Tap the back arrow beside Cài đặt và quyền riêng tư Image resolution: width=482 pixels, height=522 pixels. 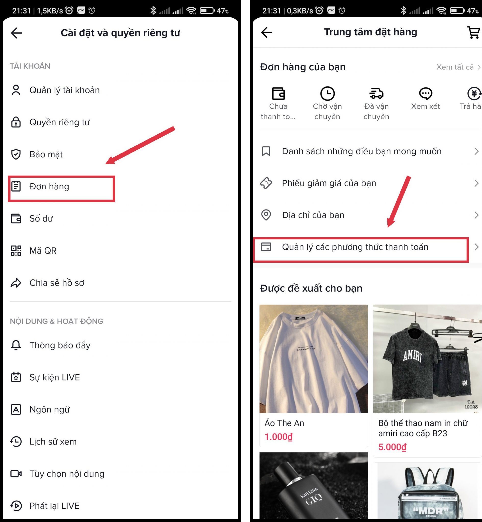[x=16, y=33]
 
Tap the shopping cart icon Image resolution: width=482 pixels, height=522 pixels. [x=473, y=32]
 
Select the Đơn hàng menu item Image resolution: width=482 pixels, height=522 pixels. [x=49, y=187]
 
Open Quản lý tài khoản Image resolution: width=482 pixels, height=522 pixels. [x=65, y=90]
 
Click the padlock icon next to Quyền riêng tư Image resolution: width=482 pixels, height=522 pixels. [x=16, y=122]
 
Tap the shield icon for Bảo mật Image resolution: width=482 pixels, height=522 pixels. [x=16, y=154]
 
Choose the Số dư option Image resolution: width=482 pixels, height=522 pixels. [x=41, y=219]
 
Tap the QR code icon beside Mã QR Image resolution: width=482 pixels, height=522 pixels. [x=16, y=251]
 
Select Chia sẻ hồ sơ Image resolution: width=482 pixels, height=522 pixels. [x=57, y=283]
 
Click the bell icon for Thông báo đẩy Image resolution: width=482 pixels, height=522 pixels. [x=16, y=345]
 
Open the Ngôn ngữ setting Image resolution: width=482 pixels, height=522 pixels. [x=49, y=410]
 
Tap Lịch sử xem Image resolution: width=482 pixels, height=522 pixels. [x=53, y=442]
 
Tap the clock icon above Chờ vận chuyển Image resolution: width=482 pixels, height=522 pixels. [x=327, y=93]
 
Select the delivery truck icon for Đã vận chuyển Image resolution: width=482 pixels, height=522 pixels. [x=376, y=93]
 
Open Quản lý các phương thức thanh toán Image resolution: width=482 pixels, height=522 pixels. [x=355, y=247]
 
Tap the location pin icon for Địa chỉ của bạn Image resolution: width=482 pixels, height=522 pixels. [x=266, y=215]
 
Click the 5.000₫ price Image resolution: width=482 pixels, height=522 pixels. [x=392, y=447]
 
